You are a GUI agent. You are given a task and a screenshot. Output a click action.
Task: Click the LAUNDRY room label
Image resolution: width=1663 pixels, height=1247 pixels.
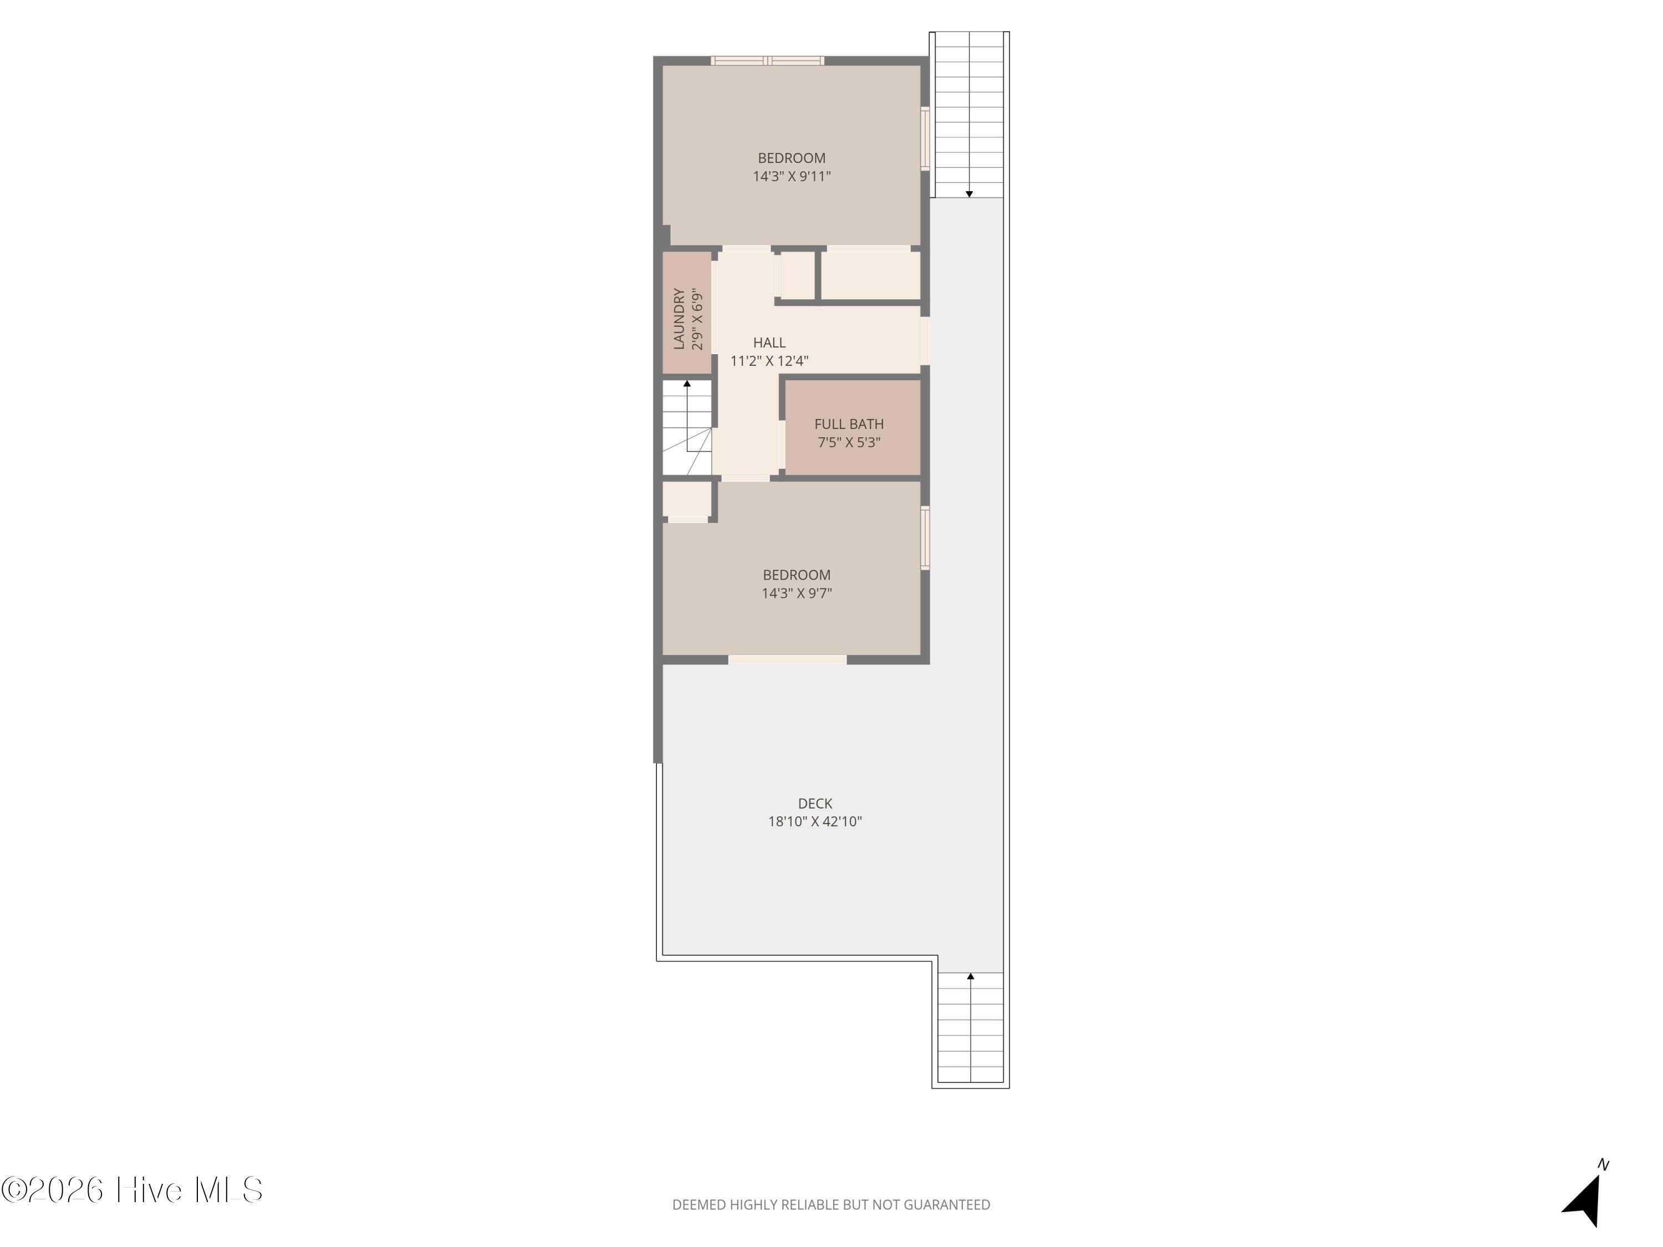click(x=679, y=319)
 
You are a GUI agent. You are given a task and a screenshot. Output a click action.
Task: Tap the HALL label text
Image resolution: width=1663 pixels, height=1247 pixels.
click(x=769, y=343)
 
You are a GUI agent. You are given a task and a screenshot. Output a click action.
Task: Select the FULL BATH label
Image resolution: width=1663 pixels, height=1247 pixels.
click(x=849, y=424)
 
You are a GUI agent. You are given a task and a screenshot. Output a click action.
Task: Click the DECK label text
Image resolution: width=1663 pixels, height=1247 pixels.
click(x=815, y=804)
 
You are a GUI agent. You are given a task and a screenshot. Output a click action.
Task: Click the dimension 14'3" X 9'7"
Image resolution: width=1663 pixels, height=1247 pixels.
click(x=796, y=593)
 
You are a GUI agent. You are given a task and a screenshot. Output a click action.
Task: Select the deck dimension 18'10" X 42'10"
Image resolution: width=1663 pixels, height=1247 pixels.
click(x=815, y=821)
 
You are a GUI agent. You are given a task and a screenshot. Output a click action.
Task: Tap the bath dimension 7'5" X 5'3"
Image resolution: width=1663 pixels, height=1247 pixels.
click(x=849, y=442)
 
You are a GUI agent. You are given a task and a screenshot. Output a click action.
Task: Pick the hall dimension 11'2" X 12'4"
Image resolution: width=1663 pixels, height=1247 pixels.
click(x=769, y=361)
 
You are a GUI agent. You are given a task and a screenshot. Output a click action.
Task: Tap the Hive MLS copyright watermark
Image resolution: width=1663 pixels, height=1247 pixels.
click(x=132, y=1190)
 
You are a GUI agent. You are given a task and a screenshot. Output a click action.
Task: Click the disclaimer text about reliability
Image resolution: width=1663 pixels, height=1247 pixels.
click(x=831, y=1205)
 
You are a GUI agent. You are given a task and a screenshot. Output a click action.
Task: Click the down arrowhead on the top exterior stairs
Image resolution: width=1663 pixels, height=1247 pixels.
click(x=969, y=194)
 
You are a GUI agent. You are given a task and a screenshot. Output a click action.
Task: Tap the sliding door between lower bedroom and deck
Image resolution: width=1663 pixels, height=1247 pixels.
click(x=787, y=660)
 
